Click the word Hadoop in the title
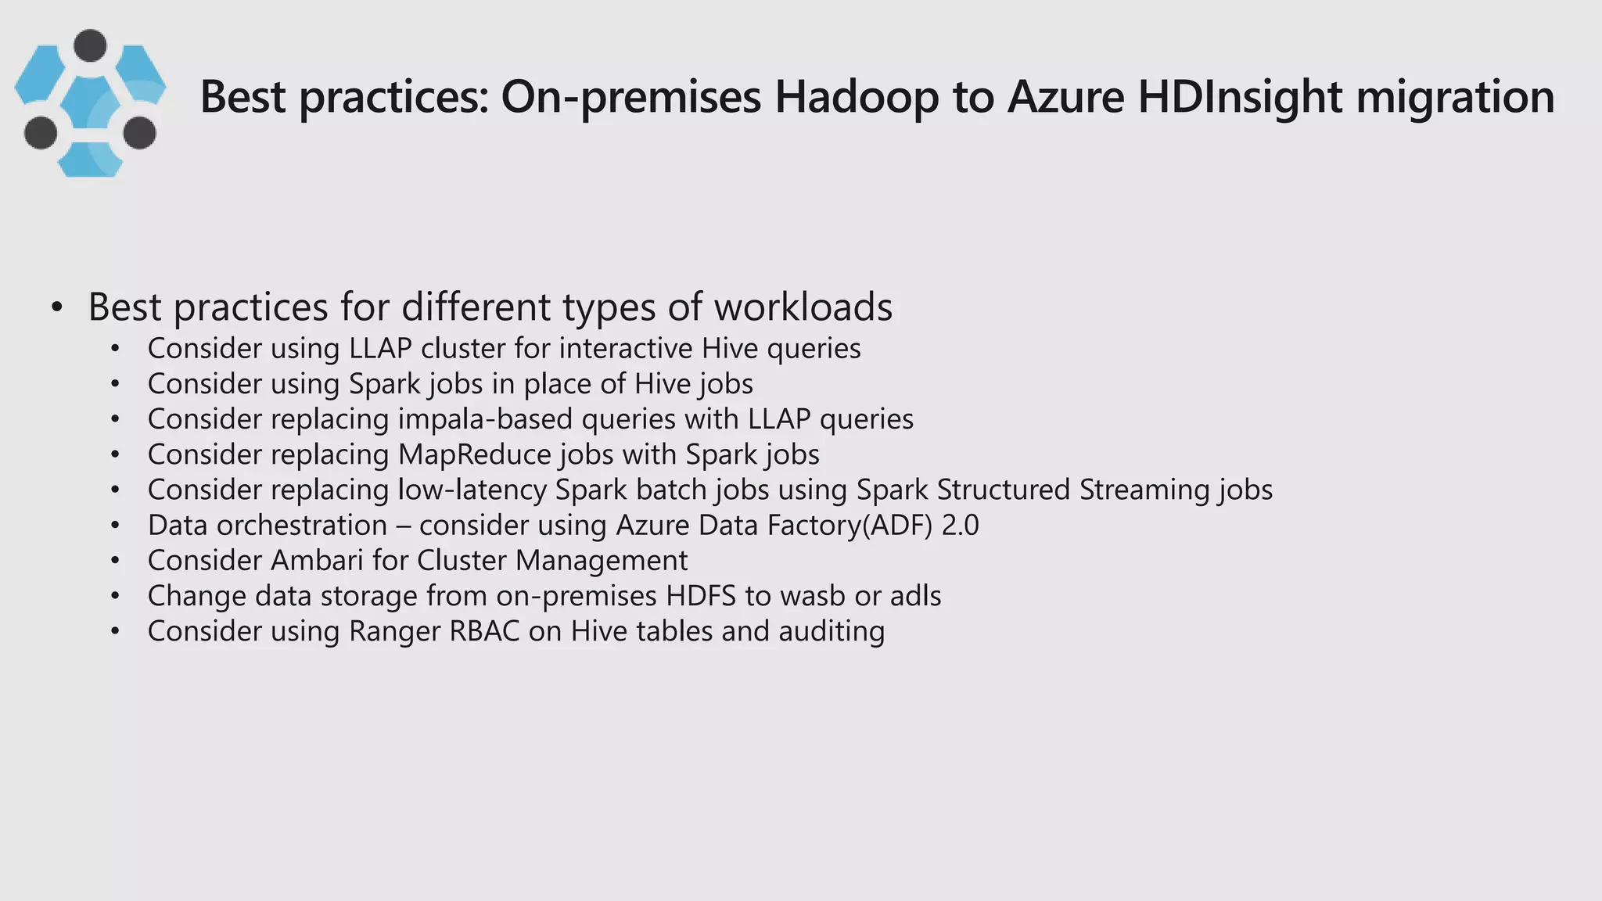(857, 97)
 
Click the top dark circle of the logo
(90, 45)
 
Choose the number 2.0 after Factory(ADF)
(960, 525)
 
